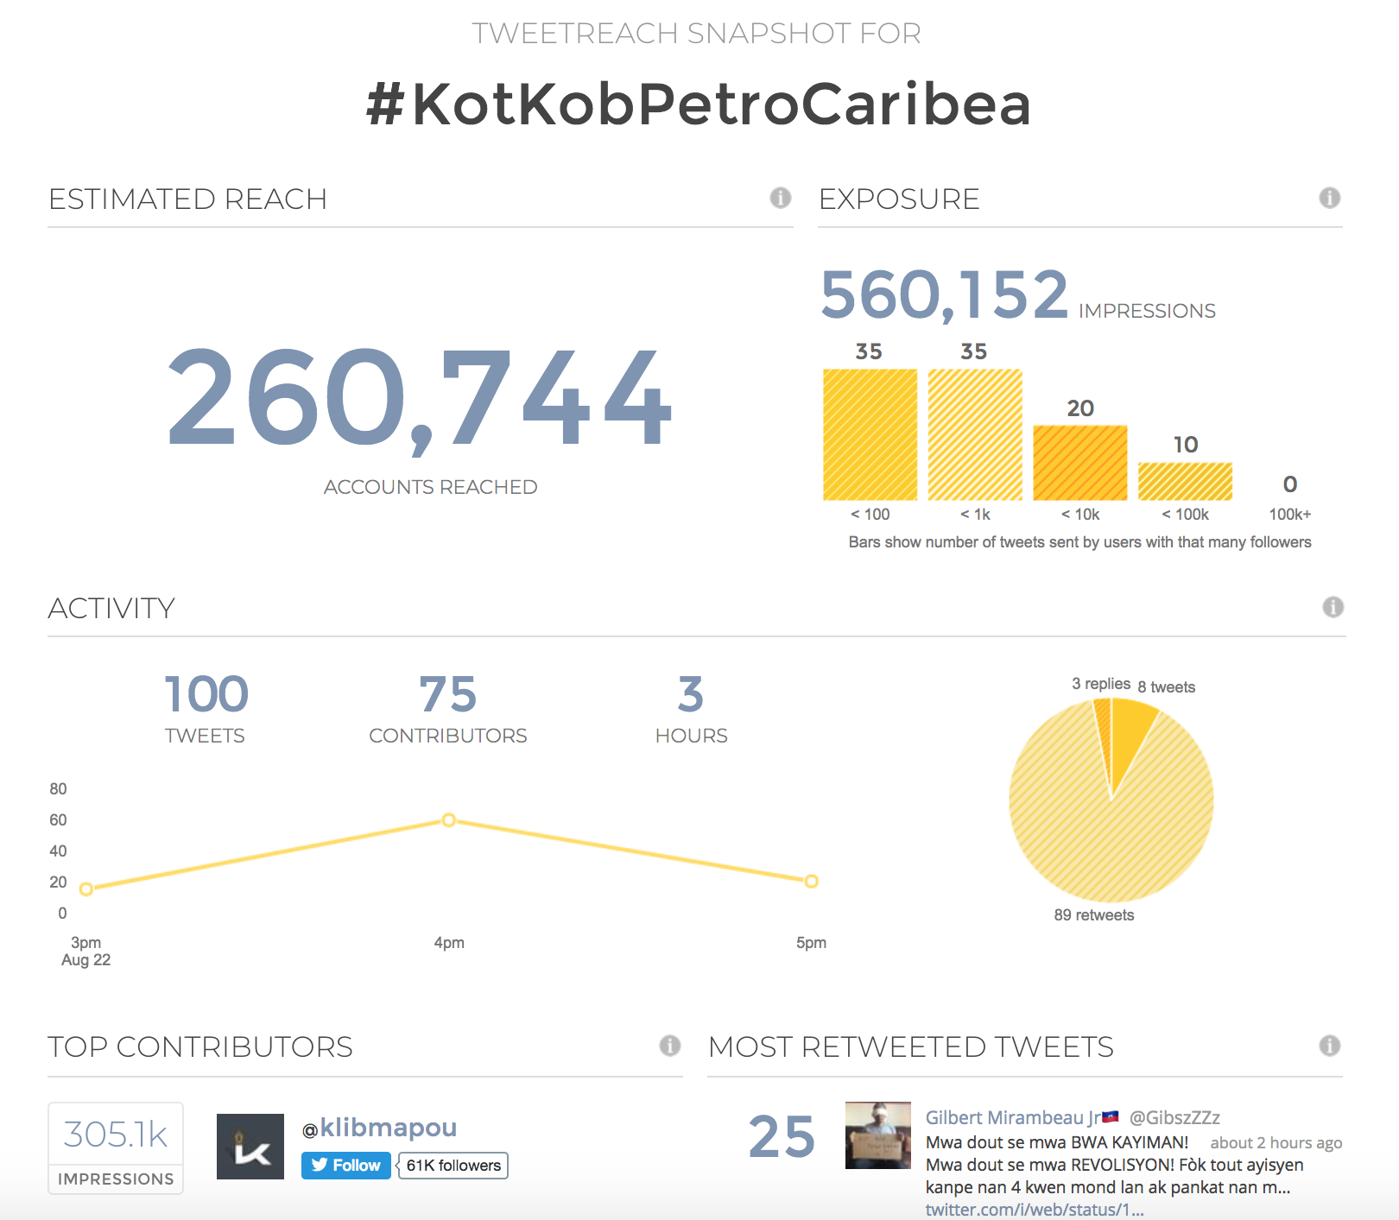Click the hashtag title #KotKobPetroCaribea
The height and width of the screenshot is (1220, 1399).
[699, 104]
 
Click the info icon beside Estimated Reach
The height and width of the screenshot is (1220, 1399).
[780, 198]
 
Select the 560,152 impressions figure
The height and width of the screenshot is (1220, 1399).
[944, 294]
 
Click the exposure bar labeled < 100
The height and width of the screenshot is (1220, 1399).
[870, 434]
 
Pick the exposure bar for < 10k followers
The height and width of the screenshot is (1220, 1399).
[1079, 463]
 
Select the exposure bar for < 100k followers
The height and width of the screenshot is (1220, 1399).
[1185, 481]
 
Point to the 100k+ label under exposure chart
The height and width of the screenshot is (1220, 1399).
[1289, 515]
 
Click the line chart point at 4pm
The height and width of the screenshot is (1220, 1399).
[449, 819]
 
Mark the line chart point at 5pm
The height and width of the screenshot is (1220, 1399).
[811, 882]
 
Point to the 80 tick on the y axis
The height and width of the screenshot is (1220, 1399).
[58, 789]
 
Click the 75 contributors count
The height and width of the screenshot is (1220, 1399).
[447, 695]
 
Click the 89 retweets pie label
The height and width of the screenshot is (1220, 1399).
[1093, 915]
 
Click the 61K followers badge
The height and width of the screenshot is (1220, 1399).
[453, 1166]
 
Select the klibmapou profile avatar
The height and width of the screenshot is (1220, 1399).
[250, 1147]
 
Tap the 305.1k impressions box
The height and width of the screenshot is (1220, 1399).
[116, 1147]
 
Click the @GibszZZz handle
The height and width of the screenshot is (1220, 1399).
[1174, 1118]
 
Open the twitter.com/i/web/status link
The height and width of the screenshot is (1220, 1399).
[1034, 1210]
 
